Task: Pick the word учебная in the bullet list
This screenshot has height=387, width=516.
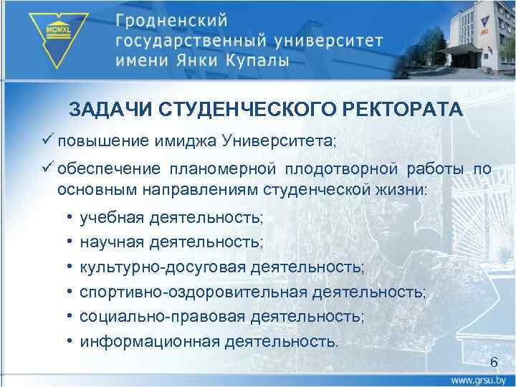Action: pyautogui.click(x=113, y=216)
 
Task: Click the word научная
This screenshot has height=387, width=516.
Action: pyautogui.click(x=113, y=242)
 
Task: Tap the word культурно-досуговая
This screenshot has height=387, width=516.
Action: pyautogui.click(x=162, y=267)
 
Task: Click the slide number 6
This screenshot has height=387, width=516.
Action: pyautogui.click(x=492, y=361)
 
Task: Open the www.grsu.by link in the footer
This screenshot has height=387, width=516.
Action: pyautogui.click(x=481, y=378)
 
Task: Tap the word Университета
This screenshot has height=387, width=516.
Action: pyautogui.click(x=283, y=140)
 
